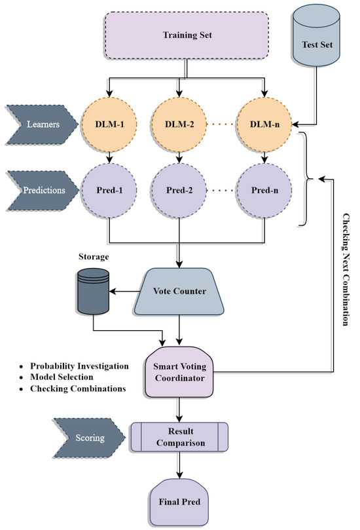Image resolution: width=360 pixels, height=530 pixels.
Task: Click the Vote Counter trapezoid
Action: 181,290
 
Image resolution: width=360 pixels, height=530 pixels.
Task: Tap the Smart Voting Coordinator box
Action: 180,372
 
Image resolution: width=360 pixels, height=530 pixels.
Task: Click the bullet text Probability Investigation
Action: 75,365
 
